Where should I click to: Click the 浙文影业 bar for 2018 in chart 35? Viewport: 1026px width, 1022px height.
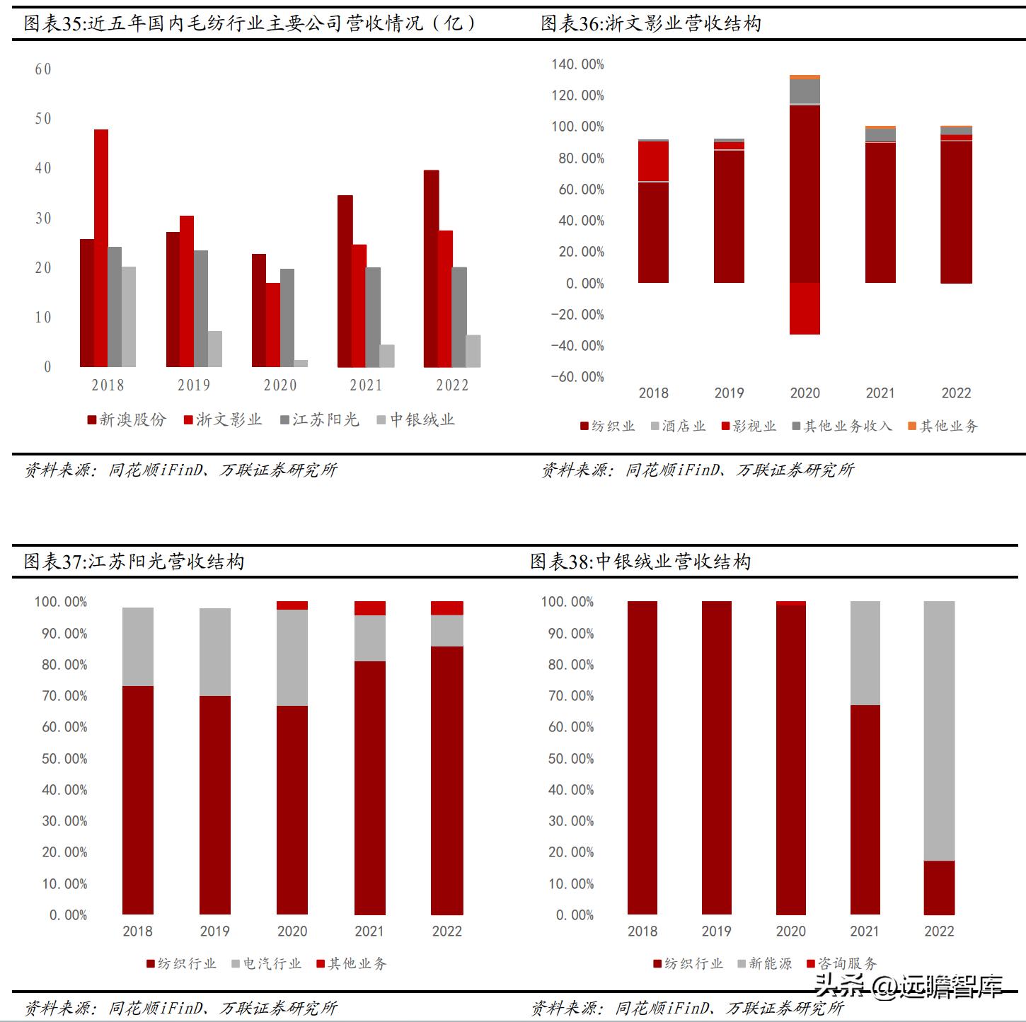(101, 248)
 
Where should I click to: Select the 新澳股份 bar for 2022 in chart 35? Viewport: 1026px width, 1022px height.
(431, 269)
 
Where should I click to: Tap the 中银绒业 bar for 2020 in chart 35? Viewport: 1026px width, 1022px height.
(301, 364)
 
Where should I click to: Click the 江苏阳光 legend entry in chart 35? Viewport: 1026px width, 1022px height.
(319, 420)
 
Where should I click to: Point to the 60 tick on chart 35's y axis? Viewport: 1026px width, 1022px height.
(43, 69)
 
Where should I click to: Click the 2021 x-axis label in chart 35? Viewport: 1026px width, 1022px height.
(366, 385)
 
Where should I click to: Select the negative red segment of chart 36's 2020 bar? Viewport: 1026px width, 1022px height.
(805, 308)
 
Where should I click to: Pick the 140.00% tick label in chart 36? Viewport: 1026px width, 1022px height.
(577, 64)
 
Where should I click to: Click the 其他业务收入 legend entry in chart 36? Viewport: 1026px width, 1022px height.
(842, 426)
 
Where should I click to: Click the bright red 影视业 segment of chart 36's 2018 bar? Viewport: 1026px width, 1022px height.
(653, 161)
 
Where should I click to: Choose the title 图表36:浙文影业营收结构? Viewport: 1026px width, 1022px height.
(651, 24)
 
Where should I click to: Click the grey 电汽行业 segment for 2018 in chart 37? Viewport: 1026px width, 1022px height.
(138, 646)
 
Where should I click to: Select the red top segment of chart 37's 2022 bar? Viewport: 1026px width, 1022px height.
(447, 608)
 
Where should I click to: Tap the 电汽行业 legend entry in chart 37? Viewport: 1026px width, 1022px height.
(266, 963)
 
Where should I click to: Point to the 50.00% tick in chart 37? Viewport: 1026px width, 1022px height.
(64, 759)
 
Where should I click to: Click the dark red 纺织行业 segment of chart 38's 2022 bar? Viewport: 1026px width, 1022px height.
(939, 888)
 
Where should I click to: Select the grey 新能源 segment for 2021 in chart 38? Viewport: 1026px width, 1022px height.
(865, 653)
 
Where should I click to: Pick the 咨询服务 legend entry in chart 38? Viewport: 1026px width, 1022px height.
(841, 963)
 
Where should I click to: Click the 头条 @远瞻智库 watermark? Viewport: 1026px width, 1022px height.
(909, 985)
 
